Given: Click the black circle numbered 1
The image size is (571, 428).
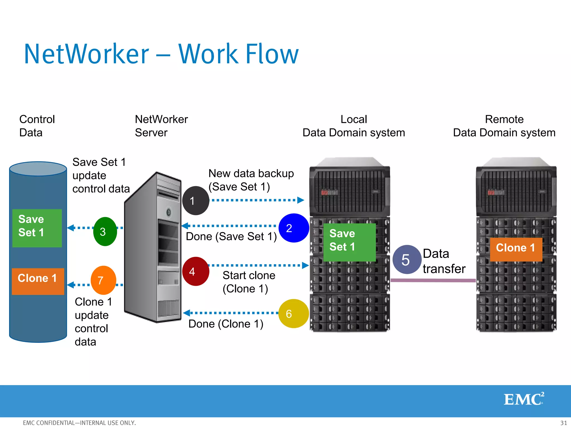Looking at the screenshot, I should [x=195, y=201].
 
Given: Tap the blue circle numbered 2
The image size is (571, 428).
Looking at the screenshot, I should [x=294, y=228].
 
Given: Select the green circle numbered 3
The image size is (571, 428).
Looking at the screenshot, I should [x=105, y=232].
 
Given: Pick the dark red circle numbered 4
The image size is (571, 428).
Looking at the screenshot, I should [x=195, y=271].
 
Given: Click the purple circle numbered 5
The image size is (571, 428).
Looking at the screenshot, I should [x=407, y=260].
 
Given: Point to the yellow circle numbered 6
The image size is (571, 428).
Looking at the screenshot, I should [x=293, y=313].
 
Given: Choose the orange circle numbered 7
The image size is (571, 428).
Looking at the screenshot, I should [x=103, y=280].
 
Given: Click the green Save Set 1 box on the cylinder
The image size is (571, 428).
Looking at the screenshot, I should [x=37, y=228].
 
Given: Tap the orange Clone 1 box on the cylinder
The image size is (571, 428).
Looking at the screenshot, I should [x=38, y=281].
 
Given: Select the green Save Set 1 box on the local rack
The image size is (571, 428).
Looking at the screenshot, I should [x=349, y=242].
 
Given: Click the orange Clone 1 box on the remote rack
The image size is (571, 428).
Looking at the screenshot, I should [x=516, y=249].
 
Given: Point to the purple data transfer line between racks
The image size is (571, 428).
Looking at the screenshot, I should [x=433, y=280].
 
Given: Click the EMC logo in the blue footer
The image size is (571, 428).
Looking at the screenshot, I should [x=524, y=399].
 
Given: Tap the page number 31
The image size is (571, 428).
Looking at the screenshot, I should [x=563, y=423].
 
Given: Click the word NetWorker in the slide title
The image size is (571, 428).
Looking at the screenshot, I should [x=86, y=54].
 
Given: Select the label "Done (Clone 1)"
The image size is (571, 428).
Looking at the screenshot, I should [x=226, y=324].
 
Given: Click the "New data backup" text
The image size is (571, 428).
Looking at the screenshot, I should [x=251, y=173].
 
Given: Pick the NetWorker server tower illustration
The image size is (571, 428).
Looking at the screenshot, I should [x=153, y=248].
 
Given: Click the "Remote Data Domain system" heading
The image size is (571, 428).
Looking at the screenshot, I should [x=504, y=126].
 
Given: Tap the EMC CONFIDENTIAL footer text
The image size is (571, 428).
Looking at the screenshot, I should [x=79, y=423].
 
